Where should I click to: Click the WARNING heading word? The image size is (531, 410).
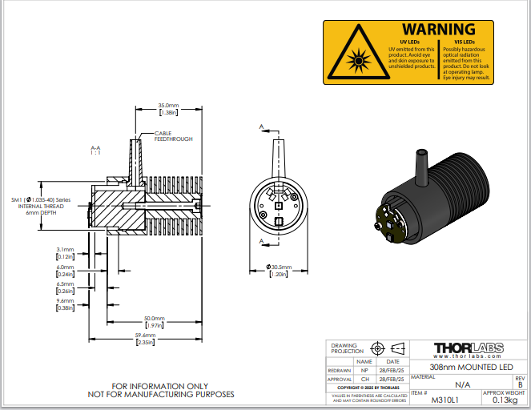(x=438, y=30)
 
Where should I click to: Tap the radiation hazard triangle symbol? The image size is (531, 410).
(x=355, y=55)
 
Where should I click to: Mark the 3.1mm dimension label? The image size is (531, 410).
(x=65, y=252)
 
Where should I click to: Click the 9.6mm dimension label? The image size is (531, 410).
(x=65, y=303)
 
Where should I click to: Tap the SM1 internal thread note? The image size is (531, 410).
(x=41, y=206)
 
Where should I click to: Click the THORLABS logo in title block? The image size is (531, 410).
(x=469, y=348)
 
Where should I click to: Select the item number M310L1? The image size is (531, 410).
(x=442, y=400)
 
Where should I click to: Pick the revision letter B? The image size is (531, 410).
(x=519, y=384)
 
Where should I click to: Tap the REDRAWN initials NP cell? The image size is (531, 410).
(x=364, y=371)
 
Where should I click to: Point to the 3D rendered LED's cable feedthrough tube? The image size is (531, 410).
(x=421, y=163)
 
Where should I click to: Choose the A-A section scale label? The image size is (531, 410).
(x=95, y=150)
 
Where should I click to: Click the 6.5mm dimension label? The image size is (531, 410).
(x=65, y=287)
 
